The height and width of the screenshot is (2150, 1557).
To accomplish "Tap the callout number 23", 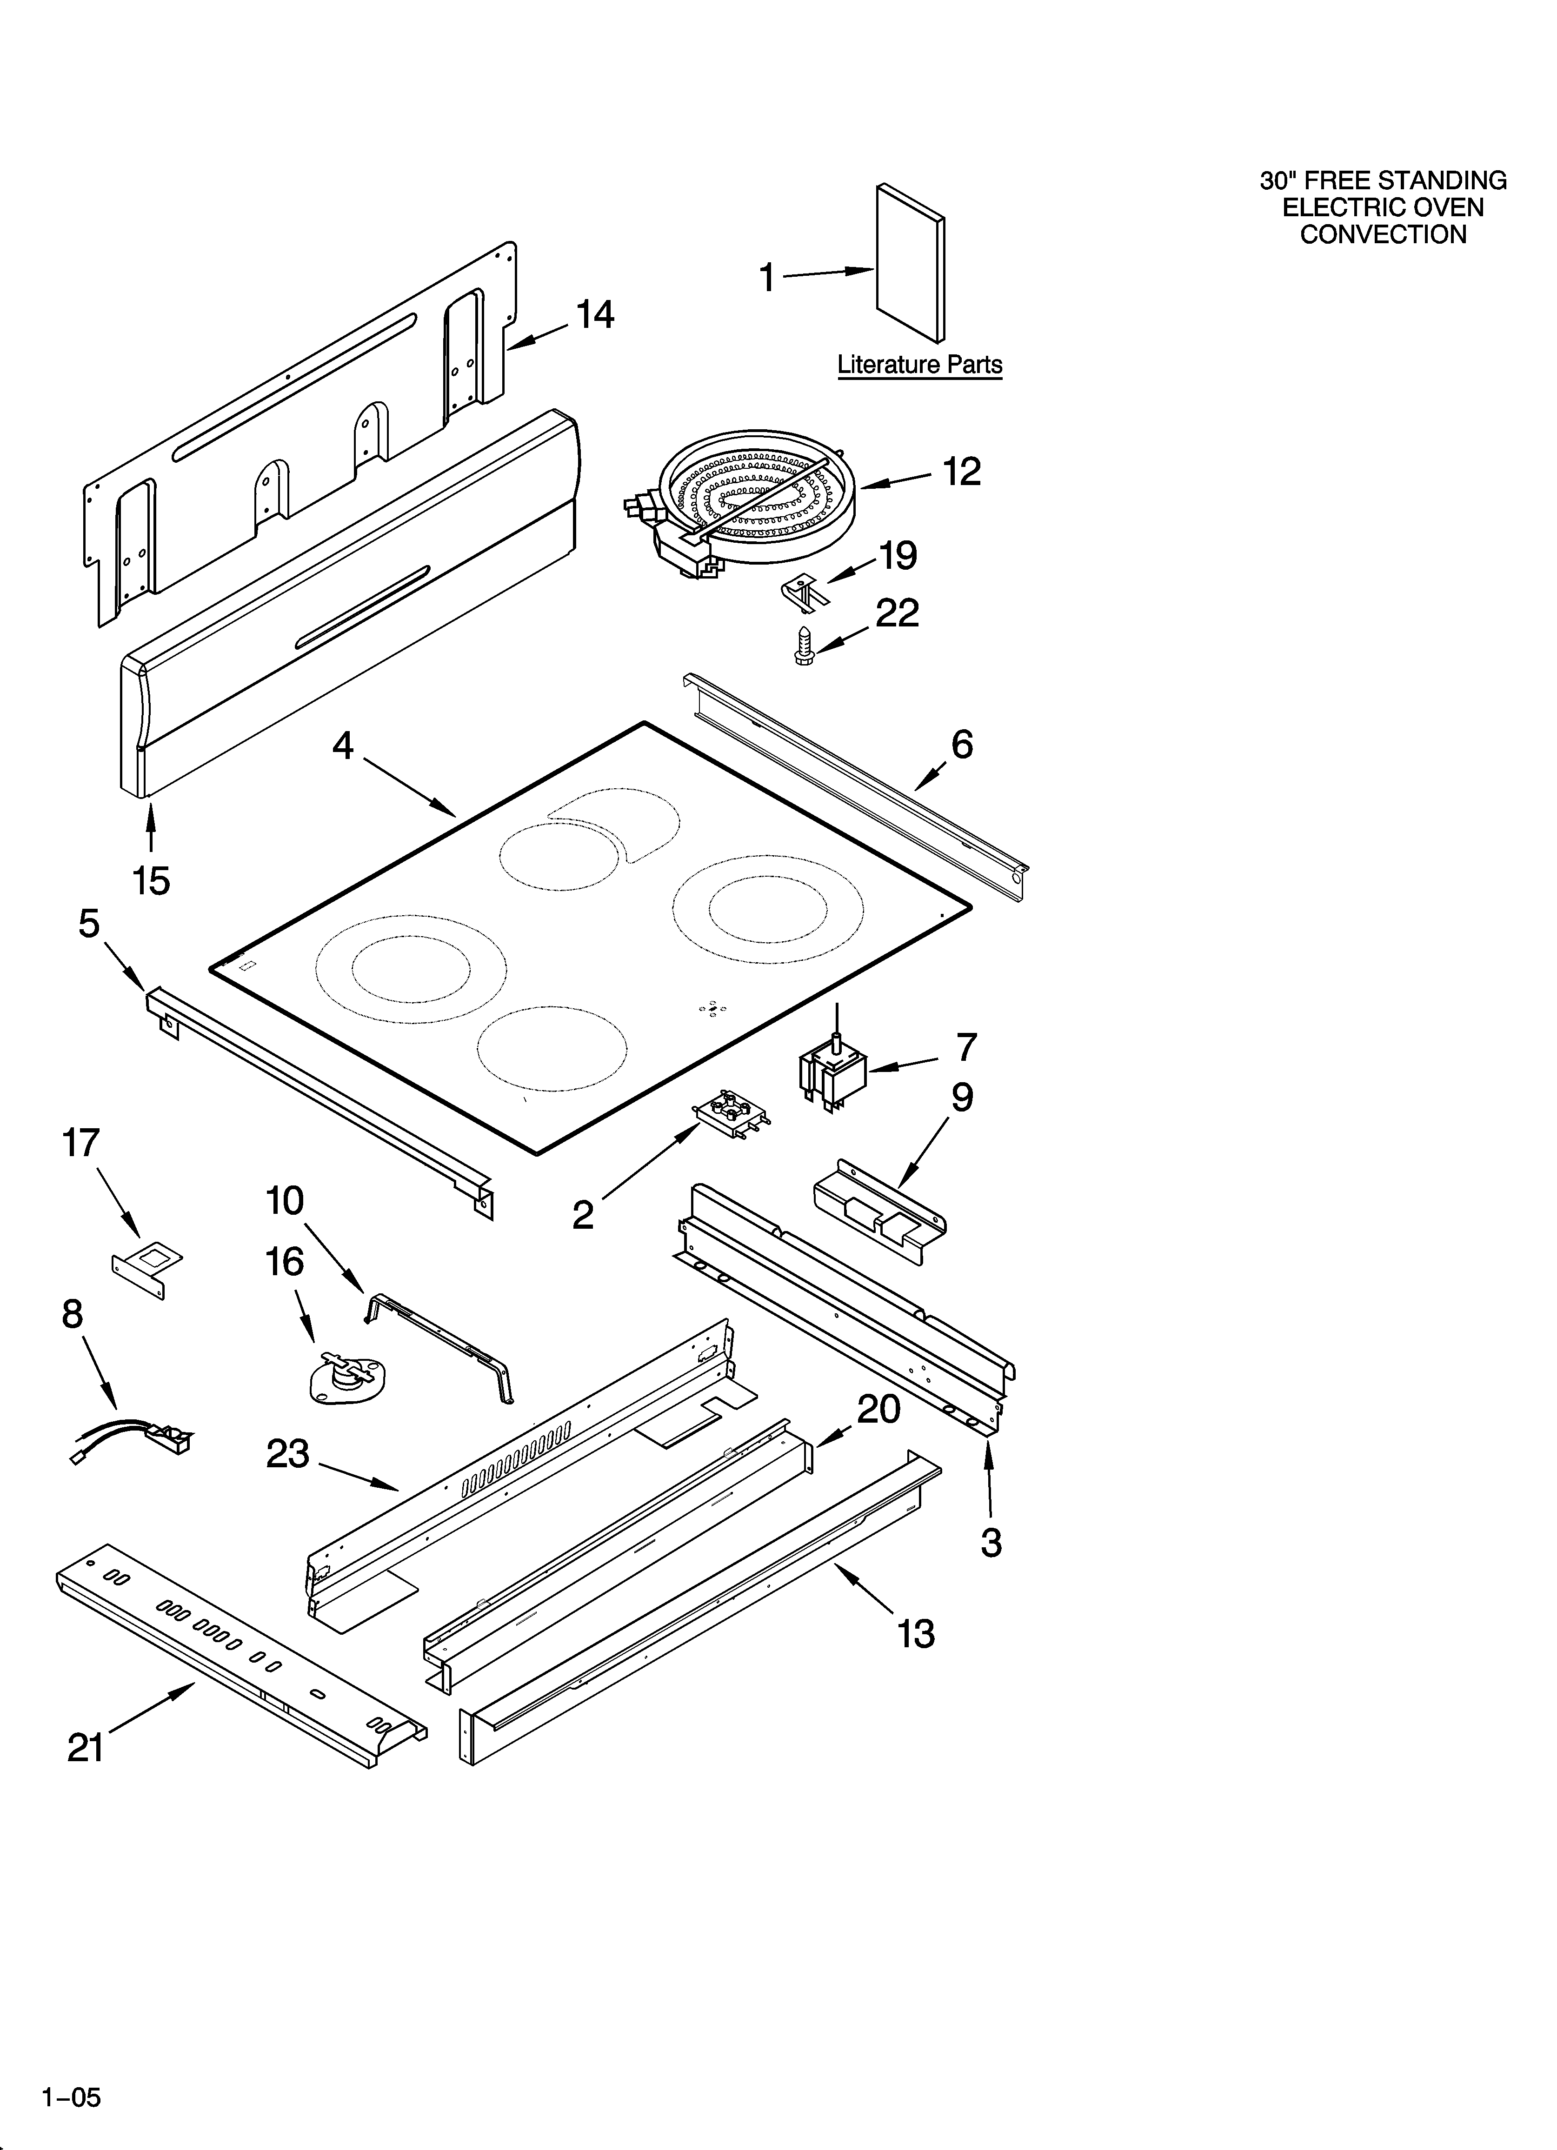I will tap(287, 1453).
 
